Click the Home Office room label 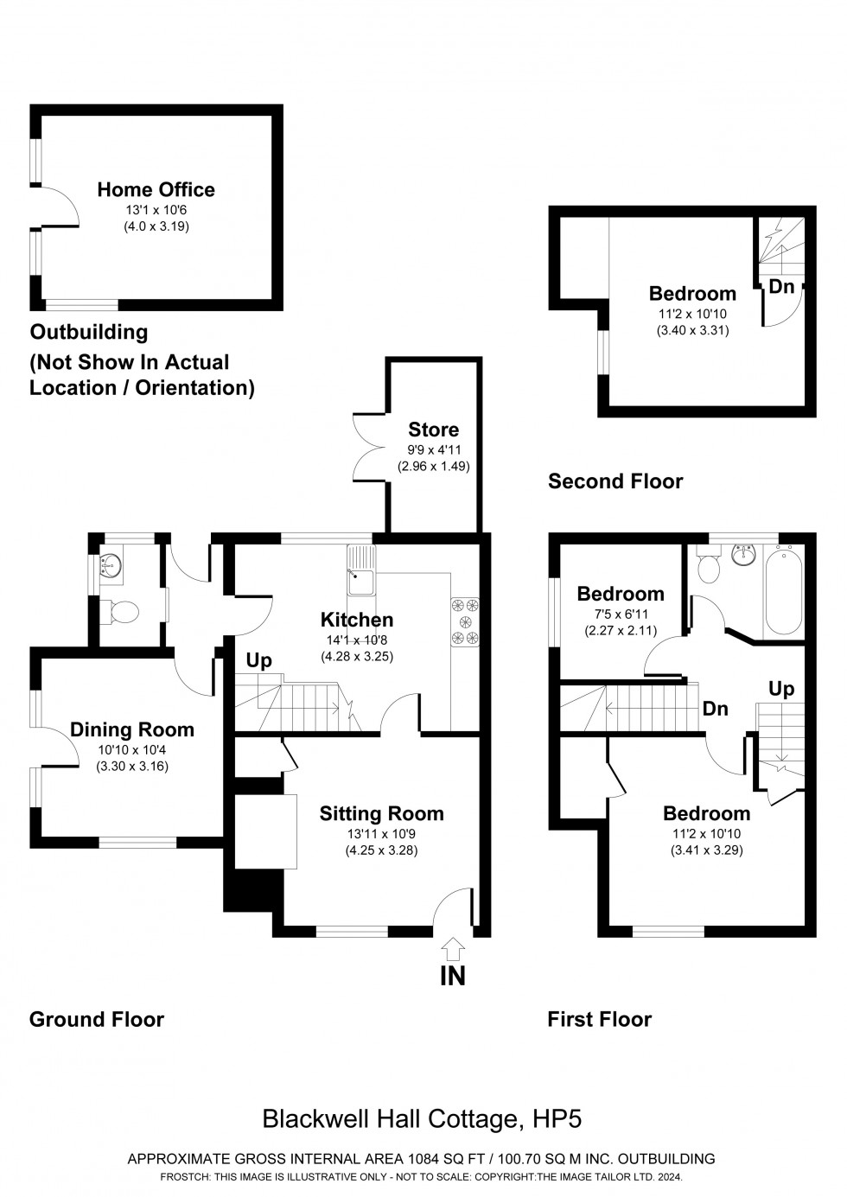(x=156, y=190)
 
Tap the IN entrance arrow (x=452, y=949)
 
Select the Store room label (x=433, y=430)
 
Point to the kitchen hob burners (x=465, y=621)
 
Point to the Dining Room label (x=132, y=729)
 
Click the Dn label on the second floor (x=781, y=287)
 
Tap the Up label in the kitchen (x=258, y=661)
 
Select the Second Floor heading (x=615, y=481)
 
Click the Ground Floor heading (x=97, y=1020)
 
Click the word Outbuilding (x=89, y=333)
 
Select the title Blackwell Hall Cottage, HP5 (x=423, y=1119)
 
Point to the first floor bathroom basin (x=744, y=554)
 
